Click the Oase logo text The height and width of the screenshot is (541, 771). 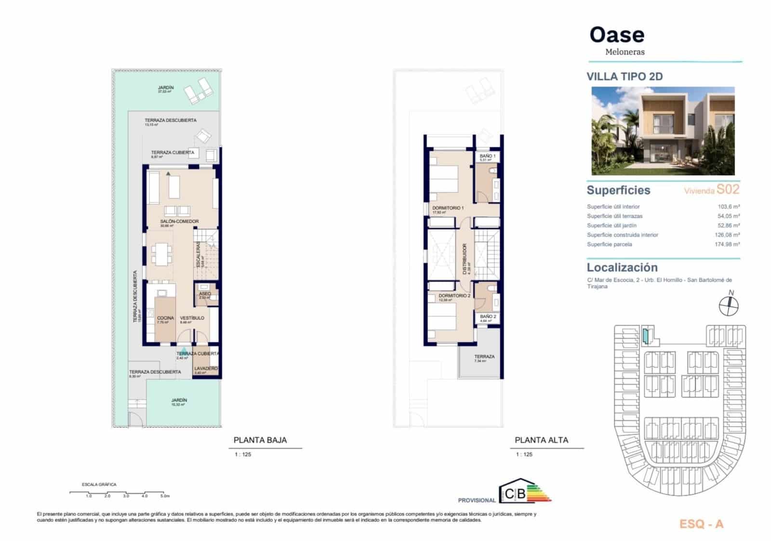point(617,35)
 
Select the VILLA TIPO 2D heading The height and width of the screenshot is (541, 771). point(625,77)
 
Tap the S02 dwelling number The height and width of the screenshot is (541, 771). point(728,189)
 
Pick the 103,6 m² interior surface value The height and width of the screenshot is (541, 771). point(729,207)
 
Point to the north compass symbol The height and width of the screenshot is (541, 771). point(729,305)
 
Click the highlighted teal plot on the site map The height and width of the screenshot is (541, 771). point(646,335)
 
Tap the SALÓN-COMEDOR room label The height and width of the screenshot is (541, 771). point(179,222)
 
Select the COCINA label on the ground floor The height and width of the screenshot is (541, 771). point(165,318)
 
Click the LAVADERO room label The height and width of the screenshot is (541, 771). point(205,369)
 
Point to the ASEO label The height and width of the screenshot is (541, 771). point(205,294)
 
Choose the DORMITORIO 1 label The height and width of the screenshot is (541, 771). point(448,208)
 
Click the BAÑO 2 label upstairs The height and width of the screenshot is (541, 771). point(488,317)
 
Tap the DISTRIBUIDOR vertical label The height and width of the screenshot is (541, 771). point(465,259)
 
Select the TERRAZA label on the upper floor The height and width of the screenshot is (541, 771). point(484,356)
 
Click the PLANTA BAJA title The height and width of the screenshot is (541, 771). point(260,440)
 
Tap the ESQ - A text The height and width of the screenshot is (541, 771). point(701,524)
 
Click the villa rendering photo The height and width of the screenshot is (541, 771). point(663,131)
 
